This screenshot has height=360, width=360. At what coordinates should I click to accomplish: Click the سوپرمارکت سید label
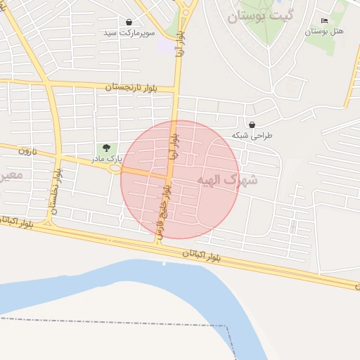pyautogui.click(x=129, y=33)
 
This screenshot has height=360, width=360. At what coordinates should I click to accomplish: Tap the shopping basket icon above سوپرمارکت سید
pyautogui.click(x=129, y=22)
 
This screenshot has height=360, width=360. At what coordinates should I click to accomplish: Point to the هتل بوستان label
pyautogui.click(x=324, y=32)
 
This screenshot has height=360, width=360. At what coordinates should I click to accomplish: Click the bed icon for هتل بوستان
pyautogui.click(x=323, y=21)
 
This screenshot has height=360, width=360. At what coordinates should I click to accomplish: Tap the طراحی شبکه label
pyautogui.click(x=252, y=135)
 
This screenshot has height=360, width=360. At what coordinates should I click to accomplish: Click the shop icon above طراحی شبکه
pyautogui.click(x=252, y=124)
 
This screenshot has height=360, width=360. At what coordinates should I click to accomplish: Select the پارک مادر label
pyautogui.click(x=105, y=159)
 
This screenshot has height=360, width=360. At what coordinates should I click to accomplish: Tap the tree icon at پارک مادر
pyautogui.click(x=106, y=148)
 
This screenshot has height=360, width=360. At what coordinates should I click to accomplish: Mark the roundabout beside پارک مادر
pyautogui.click(x=115, y=168)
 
